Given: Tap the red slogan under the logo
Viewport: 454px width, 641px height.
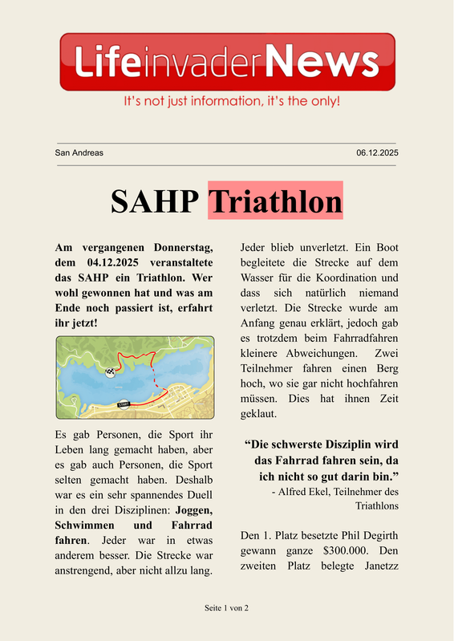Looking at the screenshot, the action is [x=231, y=102].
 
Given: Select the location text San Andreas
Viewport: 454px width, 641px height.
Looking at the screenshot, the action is [x=79, y=152].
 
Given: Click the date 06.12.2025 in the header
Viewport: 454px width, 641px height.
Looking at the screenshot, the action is [x=377, y=152].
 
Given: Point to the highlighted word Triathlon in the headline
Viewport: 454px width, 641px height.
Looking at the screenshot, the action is [x=275, y=201].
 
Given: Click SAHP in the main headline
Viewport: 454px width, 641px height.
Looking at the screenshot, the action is [x=154, y=201].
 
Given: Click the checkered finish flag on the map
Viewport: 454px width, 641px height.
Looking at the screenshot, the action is [x=110, y=371].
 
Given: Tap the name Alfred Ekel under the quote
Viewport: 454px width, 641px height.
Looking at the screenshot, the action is [x=307, y=491].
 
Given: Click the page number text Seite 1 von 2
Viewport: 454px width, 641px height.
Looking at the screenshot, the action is [x=227, y=608].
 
